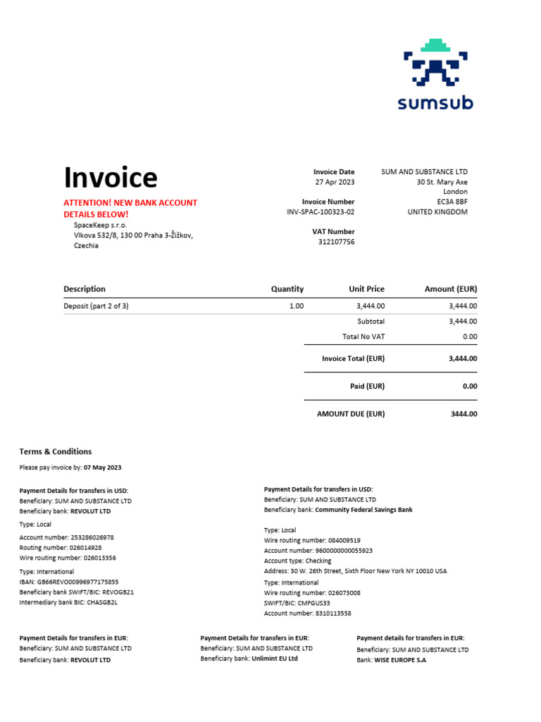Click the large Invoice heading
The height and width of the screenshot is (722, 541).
point(111,178)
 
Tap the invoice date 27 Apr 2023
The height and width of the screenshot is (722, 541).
point(336,182)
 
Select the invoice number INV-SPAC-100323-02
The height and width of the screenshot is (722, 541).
point(321,212)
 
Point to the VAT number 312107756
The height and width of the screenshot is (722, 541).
point(336,242)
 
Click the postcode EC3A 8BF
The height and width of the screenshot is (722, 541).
point(452,202)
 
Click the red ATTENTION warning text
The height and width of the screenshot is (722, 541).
point(130,208)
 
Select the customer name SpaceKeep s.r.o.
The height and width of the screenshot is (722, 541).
point(101,225)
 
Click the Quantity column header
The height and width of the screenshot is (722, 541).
point(287,289)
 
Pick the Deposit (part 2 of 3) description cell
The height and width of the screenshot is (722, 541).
point(96,306)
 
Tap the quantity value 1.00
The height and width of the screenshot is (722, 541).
point(297,306)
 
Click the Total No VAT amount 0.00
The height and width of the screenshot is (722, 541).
point(470,337)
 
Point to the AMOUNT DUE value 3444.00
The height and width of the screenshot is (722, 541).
point(464,414)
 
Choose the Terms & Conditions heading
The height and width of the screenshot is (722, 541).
point(56,452)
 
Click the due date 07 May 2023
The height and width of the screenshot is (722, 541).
point(103,467)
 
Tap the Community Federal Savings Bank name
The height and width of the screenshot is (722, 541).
point(363,510)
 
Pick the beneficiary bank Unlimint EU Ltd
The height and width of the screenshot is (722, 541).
point(275,659)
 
